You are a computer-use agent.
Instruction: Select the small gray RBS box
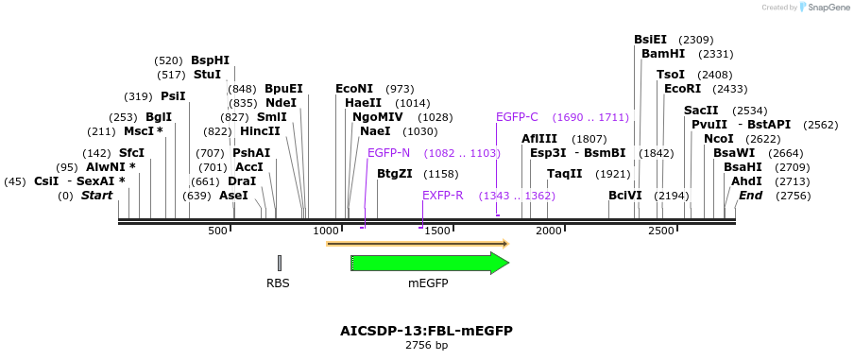pos(279,264)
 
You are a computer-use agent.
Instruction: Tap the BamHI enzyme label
pos(662,54)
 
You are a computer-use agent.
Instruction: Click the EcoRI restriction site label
pos(682,88)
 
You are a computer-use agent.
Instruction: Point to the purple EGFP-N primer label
pos(388,152)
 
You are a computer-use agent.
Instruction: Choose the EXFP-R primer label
pos(442,196)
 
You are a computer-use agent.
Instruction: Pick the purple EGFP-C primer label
pos(517,117)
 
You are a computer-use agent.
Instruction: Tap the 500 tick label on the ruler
pos(218,231)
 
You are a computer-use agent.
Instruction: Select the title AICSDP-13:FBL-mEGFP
pos(426,331)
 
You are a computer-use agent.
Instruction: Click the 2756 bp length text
pos(426,346)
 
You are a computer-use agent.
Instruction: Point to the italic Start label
pos(96,196)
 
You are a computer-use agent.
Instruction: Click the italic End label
pos(750,196)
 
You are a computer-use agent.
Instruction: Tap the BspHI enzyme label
pos(210,60)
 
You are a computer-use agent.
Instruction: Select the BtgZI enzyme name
pos(394,174)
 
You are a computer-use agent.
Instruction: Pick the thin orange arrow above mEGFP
pos(418,244)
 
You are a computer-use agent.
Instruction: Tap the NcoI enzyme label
pos(718,138)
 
